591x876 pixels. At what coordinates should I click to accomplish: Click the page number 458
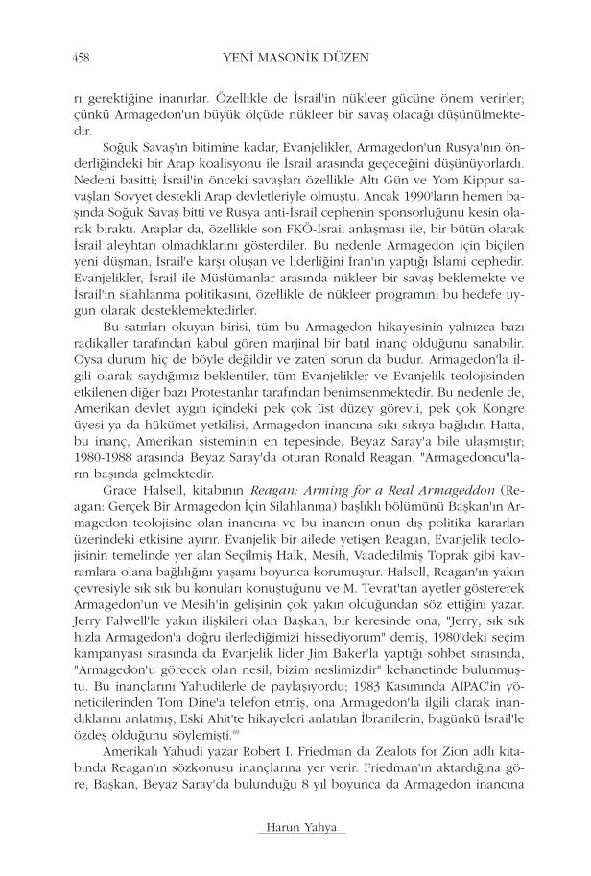click(x=68, y=55)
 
